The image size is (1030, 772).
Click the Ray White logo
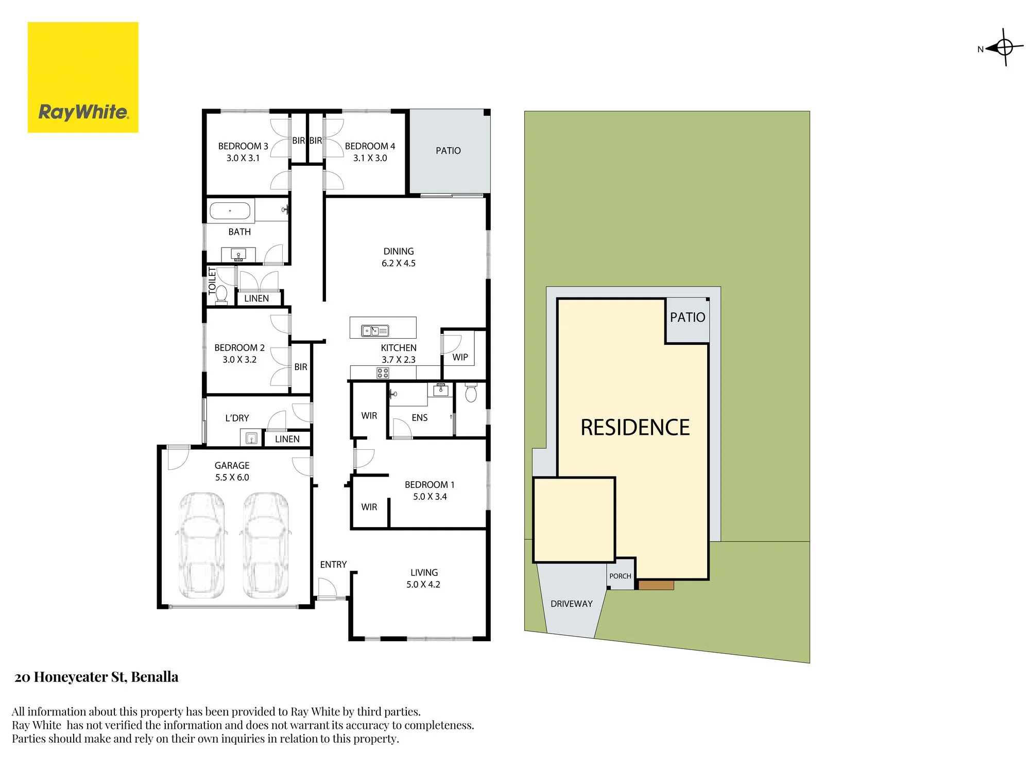click(x=83, y=77)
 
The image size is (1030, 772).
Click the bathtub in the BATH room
click(x=230, y=210)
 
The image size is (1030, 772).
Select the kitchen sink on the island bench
click(x=375, y=330)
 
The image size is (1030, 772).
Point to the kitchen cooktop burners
click(x=383, y=373)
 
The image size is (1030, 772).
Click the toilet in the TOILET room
click(x=221, y=294)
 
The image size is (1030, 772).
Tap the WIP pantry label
click(x=460, y=357)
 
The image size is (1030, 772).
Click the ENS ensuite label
click(x=420, y=417)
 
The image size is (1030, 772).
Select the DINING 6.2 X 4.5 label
click(x=399, y=257)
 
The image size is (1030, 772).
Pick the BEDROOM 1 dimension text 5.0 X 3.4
click(x=430, y=497)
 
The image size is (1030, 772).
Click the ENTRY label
click(x=333, y=565)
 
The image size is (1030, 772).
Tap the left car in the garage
click(x=202, y=546)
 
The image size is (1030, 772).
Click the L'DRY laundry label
click(x=237, y=418)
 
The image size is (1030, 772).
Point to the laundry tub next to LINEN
click(x=251, y=438)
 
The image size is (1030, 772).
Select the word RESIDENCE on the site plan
click(x=635, y=427)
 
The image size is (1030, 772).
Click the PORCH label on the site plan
click(x=620, y=576)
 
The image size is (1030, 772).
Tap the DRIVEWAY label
click(x=572, y=604)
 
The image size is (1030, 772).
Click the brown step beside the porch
click(x=656, y=585)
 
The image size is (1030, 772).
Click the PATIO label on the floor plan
click(x=448, y=151)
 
